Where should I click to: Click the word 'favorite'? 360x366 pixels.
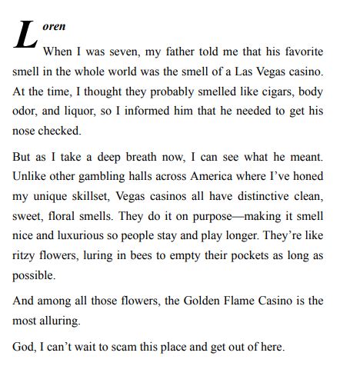[x=302, y=52]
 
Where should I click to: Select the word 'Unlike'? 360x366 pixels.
[x=31, y=178]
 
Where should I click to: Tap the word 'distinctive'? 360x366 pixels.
[x=259, y=198]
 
